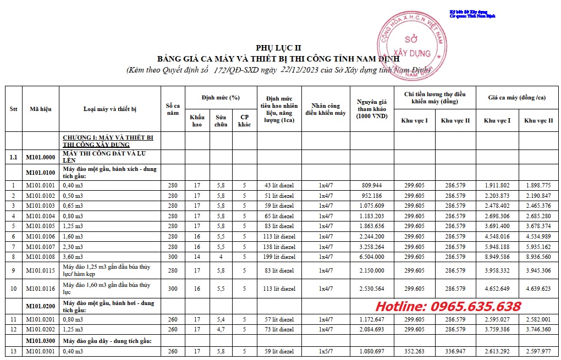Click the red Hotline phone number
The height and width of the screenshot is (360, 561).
(448, 307)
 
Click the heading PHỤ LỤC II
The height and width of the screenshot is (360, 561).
(278, 48)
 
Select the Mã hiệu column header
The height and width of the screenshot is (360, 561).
(40, 109)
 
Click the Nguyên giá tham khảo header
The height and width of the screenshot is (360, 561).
(372, 109)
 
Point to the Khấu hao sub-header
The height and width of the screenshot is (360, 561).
(197, 120)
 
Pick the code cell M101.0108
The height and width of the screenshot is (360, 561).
(40, 256)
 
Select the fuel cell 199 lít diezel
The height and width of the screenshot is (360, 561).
(279, 256)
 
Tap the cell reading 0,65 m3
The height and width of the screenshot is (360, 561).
(75, 206)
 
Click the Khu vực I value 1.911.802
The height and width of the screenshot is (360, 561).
(497, 185)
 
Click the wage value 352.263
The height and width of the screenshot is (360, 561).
(414, 351)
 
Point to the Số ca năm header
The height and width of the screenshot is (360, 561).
(173, 109)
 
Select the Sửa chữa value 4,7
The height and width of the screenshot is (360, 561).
(221, 329)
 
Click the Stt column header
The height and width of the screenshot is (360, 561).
(13, 109)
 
